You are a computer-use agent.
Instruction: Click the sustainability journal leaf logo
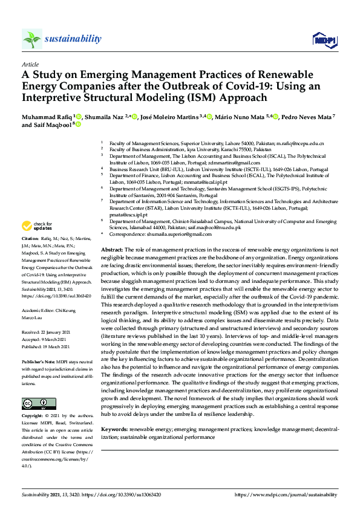pos(32,39)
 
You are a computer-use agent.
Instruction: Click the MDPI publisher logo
pos(324,40)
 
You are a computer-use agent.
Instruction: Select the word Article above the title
pos(30,63)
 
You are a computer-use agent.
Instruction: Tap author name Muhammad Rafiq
pos(47,116)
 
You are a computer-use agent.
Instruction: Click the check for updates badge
pos(37,227)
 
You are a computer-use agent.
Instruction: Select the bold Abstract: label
pos(112,250)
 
